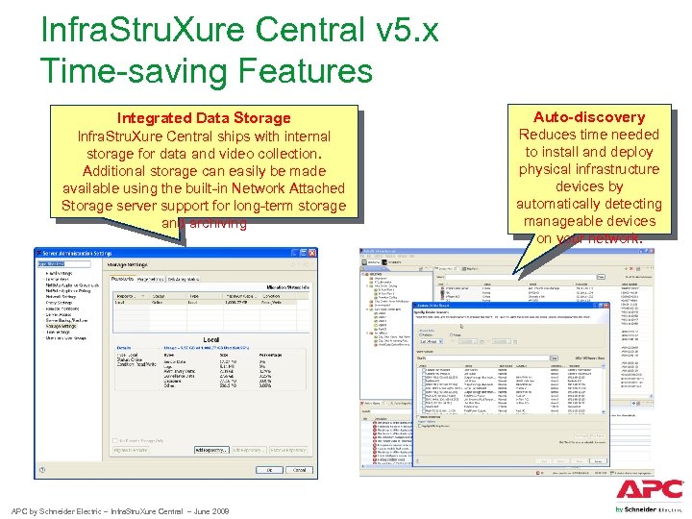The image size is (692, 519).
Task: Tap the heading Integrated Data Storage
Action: coord(203,118)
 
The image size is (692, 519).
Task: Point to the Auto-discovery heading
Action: coord(589,116)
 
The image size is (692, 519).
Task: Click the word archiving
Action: coord(217,223)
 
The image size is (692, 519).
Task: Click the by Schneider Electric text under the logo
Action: coord(649,508)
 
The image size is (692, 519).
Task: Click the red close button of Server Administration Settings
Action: coord(310,253)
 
